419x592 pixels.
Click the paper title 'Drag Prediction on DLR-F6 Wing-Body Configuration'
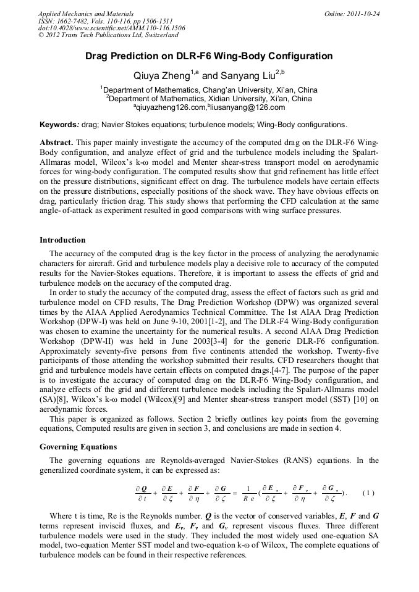tap(209, 56)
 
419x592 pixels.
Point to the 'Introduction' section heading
tap(62, 240)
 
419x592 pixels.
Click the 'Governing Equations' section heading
tap(78, 446)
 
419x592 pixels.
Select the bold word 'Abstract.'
tap(56, 141)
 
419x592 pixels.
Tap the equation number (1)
tap(368, 493)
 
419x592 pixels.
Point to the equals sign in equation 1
tap(234, 493)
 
